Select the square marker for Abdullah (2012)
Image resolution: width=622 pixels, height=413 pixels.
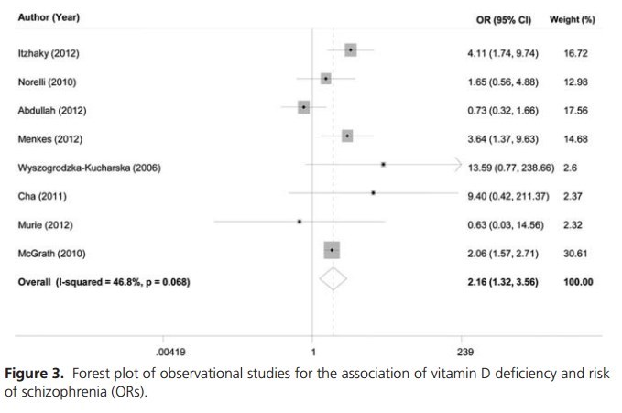304,107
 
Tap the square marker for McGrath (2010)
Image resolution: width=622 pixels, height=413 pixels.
332,250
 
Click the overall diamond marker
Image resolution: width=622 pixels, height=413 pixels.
333,280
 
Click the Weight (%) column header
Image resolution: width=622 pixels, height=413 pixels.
573,19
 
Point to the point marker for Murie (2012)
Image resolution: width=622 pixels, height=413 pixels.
300,222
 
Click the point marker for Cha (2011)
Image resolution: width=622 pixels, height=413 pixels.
374,193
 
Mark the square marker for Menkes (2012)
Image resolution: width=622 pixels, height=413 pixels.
347,136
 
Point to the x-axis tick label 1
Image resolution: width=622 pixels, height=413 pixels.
313,352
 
